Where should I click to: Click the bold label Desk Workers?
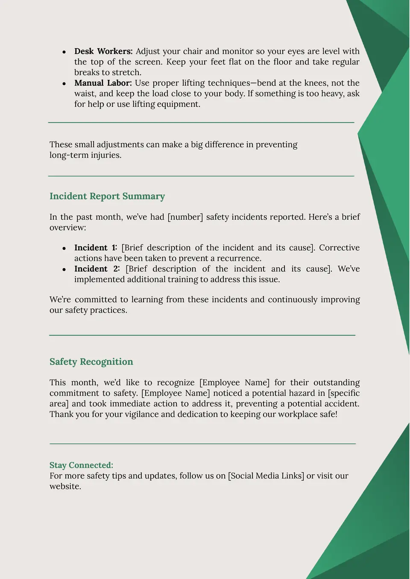pyautogui.click(x=103, y=51)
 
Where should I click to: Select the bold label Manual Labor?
pyautogui.click(x=103, y=83)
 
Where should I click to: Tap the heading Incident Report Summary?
pyautogui.click(x=107, y=196)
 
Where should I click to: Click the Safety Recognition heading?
pyautogui.click(x=91, y=362)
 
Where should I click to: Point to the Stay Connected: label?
pyautogui.click(x=81, y=465)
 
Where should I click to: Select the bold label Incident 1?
pyautogui.click(x=96, y=248)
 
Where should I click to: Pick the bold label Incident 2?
pyautogui.click(x=97, y=269)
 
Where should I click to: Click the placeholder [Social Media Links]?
pyautogui.click(x=266, y=476)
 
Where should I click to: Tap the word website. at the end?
pyautogui.click(x=65, y=486)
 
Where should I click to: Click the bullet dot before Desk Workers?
pyautogui.click(x=64, y=52)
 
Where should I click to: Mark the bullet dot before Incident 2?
pyautogui.click(x=64, y=269)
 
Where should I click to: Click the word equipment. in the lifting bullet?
pyautogui.click(x=179, y=104)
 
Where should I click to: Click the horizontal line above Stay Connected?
pyautogui.click(x=202, y=444)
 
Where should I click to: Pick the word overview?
pyautogui.click(x=67, y=228)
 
